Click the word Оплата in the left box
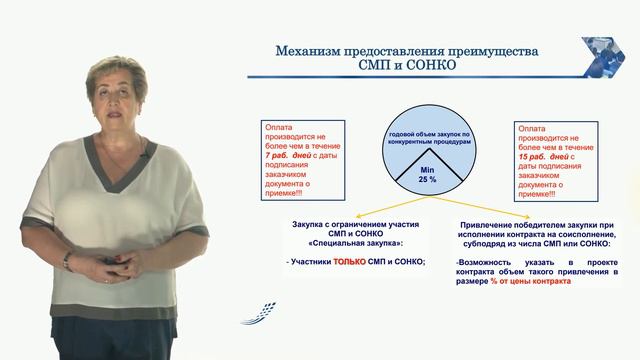coord(279,127)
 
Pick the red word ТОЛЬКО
coord(349,262)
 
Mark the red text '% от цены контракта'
coord(531,282)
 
